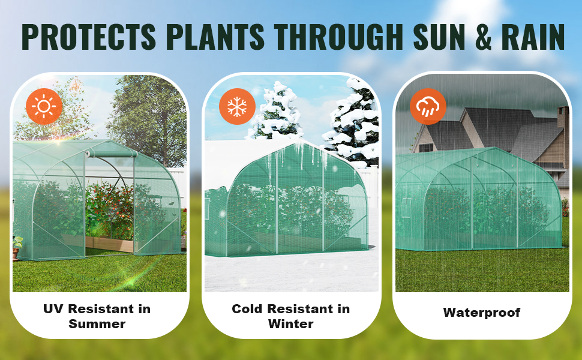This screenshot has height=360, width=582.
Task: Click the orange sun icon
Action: (44, 106)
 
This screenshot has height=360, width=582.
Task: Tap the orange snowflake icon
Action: (237, 107)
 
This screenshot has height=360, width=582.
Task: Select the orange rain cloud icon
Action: (428, 107)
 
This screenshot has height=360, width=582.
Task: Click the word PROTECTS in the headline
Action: (89, 37)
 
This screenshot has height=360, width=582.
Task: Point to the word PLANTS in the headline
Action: (215, 37)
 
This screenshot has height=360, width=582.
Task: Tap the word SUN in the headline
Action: (439, 37)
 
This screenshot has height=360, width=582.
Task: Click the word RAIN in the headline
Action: (533, 37)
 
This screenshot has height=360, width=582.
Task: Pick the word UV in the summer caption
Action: (53, 309)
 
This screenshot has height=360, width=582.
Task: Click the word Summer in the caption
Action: (97, 324)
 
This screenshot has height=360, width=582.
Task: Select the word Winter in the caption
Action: (290, 324)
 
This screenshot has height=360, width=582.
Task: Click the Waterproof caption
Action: (481, 313)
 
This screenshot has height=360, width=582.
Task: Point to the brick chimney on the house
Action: (563, 119)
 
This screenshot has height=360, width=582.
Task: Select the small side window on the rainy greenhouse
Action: (407, 208)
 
